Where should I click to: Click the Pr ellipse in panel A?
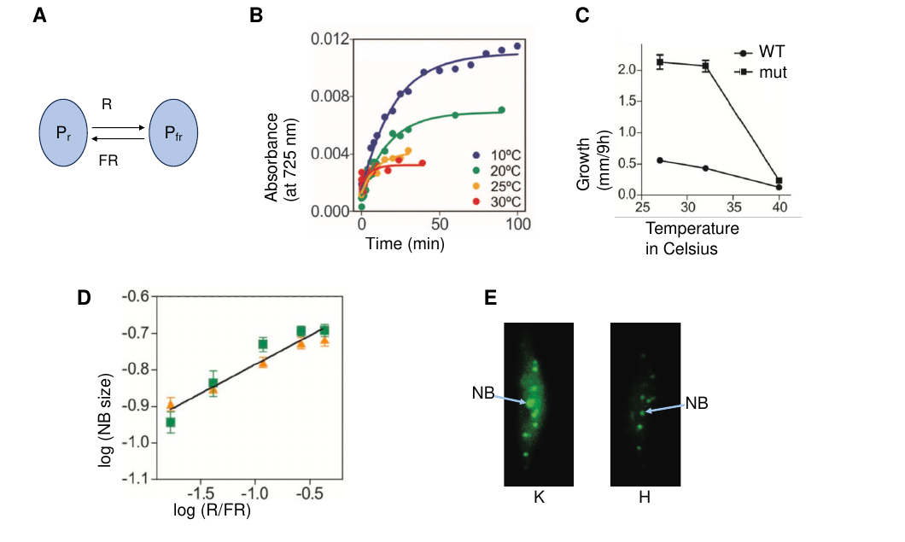pyautogui.click(x=63, y=133)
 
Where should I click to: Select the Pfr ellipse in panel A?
pyautogui.click(x=173, y=133)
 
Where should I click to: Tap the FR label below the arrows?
pyautogui.click(x=108, y=160)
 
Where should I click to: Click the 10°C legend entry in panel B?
pyautogui.click(x=496, y=155)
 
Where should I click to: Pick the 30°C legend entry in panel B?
pyautogui.click(x=496, y=202)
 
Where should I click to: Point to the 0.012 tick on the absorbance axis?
pyautogui.click(x=330, y=39)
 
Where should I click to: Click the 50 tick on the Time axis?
pyautogui.click(x=440, y=224)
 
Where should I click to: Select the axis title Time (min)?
pyautogui.click(x=406, y=243)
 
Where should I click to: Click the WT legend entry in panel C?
pyautogui.click(x=760, y=52)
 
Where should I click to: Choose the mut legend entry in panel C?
pyautogui.click(x=761, y=73)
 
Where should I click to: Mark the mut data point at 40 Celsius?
pyautogui.click(x=779, y=181)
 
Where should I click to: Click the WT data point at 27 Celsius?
pyautogui.click(x=660, y=160)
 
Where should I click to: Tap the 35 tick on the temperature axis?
pyautogui.click(x=733, y=207)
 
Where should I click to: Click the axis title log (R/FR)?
pyautogui.click(x=213, y=510)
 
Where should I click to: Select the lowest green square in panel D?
pyautogui.click(x=170, y=423)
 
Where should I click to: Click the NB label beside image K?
pyautogui.click(x=483, y=393)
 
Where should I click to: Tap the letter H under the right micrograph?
pyautogui.click(x=645, y=497)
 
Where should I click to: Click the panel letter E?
pyautogui.click(x=490, y=298)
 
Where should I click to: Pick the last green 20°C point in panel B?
pyautogui.click(x=501, y=109)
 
